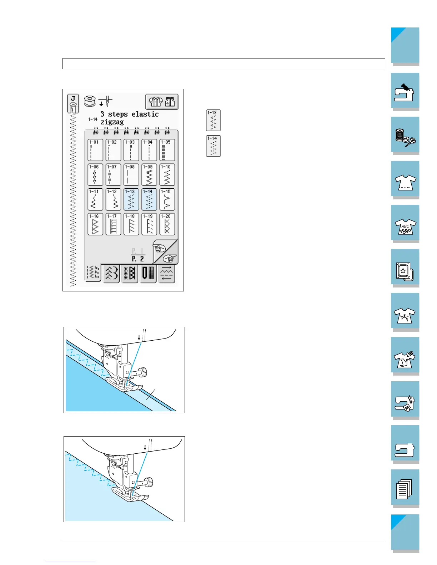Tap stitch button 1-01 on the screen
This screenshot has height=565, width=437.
click(x=95, y=150)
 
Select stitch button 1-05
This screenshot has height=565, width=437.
click(x=167, y=150)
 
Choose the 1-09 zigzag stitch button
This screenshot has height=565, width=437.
click(x=149, y=175)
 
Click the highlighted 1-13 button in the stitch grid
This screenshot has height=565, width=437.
click(x=131, y=199)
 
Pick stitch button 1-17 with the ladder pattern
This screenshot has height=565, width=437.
click(x=113, y=224)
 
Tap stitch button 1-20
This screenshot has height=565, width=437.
click(x=167, y=224)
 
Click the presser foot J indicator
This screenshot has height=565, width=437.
click(x=73, y=104)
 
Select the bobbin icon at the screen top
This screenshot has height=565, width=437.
click(x=90, y=101)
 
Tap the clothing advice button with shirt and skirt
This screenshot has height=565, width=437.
click(x=162, y=102)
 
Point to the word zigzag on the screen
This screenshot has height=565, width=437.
click(x=112, y=122)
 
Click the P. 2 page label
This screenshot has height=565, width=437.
click(x=137, y=259)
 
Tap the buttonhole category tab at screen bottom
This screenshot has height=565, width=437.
click(x=148, y=274)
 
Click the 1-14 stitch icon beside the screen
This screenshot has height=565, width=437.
click(x=213, y=146)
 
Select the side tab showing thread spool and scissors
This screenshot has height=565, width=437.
click(x=405, y=136)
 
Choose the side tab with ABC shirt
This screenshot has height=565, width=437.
click(x=405, y=224)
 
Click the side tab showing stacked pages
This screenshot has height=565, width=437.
click(x=405, y=488)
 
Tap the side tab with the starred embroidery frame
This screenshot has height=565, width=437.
click(x=405, y=268)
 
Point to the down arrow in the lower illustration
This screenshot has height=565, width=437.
click(x=145, y=447)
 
